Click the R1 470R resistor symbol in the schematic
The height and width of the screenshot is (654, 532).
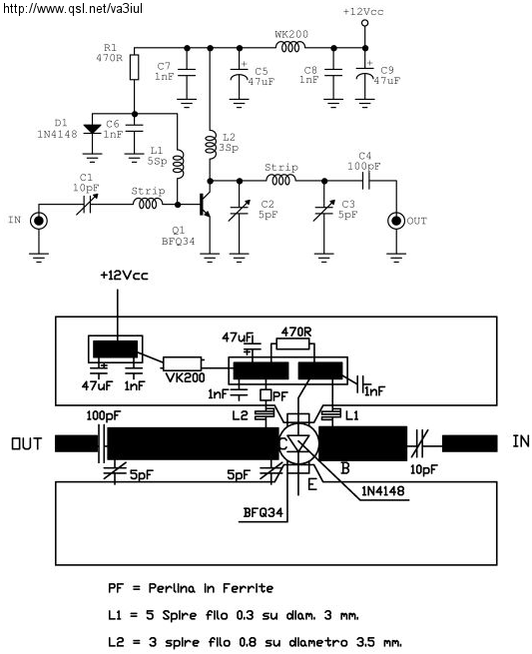click(x=134, y=67)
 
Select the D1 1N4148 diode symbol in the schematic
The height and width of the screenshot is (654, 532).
click(x=92, y=129)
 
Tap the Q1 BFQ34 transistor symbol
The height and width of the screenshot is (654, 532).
click(x=205, y=205)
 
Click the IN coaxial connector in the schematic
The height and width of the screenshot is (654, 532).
click(x=39, y=221)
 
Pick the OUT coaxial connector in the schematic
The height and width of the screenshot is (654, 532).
click(x=395, y=221)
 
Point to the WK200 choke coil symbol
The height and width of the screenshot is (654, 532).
click(x=289, y=48)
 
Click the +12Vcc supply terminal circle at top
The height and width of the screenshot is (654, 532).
click(x=364, y=23)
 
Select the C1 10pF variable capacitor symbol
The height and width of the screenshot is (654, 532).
click(x=88, y=204)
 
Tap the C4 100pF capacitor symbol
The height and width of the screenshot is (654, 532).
click(x=365, y=181)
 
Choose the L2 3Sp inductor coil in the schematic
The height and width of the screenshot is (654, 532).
click(x=212, y=145)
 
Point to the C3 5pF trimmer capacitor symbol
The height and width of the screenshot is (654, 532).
click(x=324, y=211)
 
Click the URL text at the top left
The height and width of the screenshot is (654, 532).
click(x=73, y=8)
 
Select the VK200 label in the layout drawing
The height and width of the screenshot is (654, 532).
click(x=185, y=377)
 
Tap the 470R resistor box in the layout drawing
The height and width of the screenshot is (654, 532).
click(x=293, y=343)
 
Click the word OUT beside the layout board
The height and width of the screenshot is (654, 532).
click(x=27, y=443)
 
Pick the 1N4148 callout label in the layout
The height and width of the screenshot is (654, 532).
click(x=382, y=491)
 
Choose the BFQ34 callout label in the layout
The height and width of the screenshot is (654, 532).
click(x=264, y=512)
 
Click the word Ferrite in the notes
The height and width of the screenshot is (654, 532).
click(x=248, y=588)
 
